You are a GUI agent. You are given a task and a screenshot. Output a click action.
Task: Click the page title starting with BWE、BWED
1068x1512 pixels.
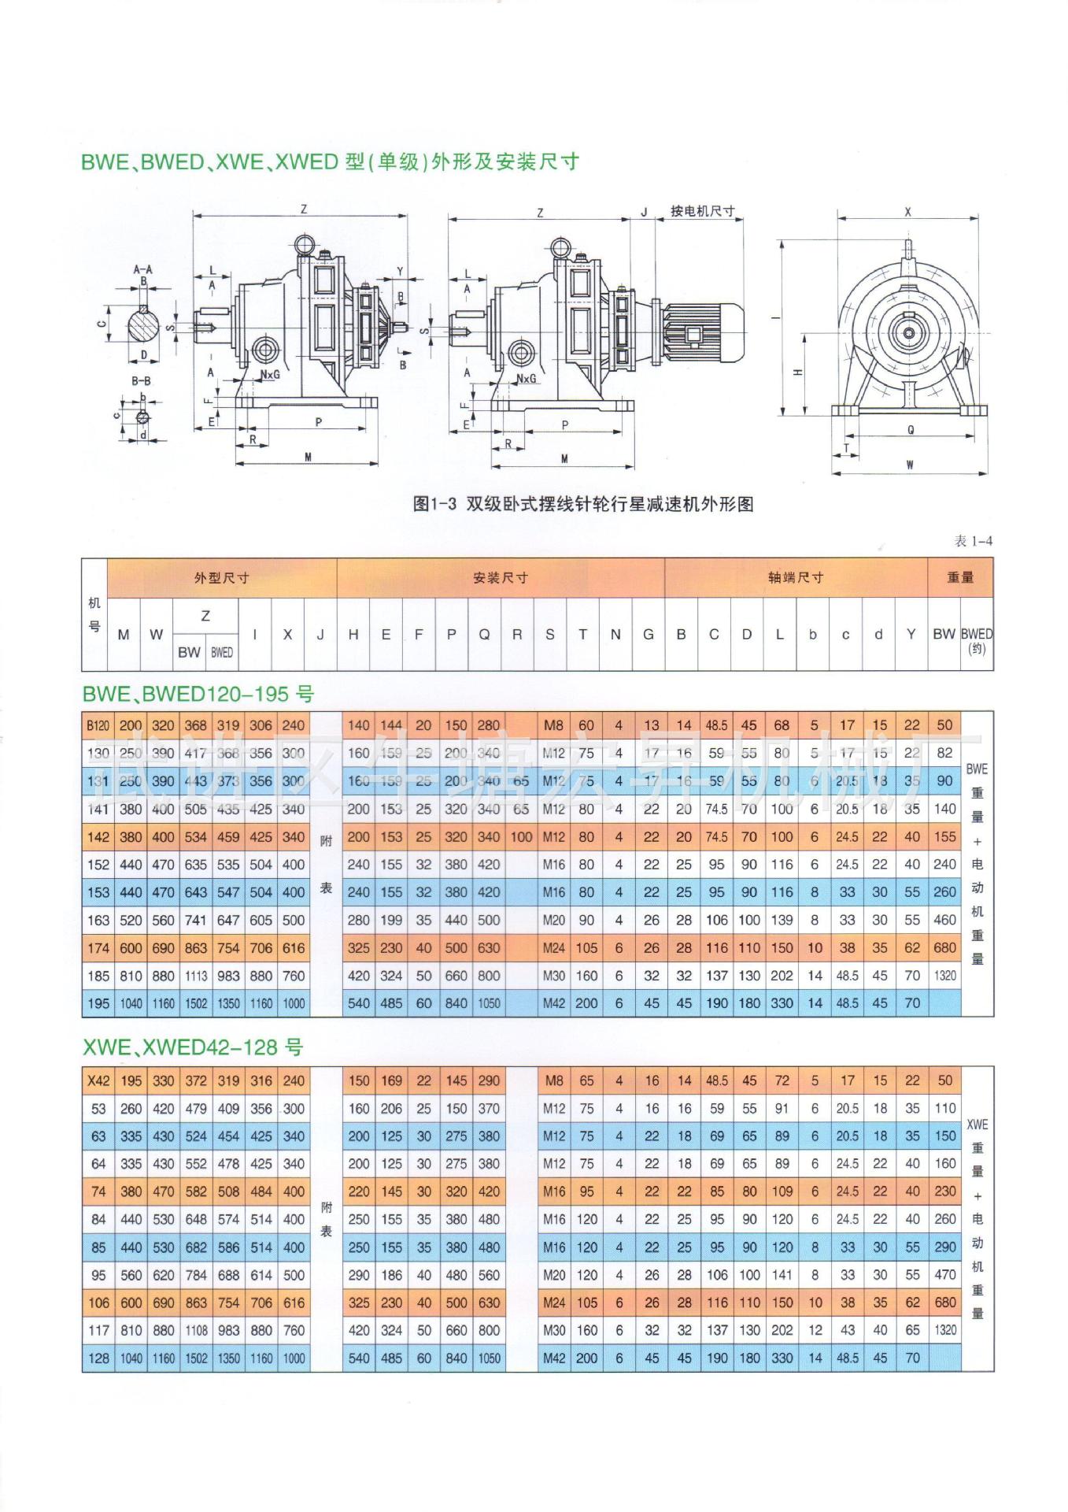(330, 162)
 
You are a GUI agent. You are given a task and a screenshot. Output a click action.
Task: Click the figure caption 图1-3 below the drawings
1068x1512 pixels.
(582, 504)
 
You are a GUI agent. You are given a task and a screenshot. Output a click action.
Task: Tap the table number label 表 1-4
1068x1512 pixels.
(973, 541)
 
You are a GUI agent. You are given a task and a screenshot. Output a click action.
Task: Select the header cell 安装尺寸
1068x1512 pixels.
(500, 578)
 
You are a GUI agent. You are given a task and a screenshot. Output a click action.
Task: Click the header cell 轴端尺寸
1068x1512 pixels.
(795, 578)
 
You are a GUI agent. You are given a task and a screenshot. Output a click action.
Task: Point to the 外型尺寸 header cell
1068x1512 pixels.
(221, 578)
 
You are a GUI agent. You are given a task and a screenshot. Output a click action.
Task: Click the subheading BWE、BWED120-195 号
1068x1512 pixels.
(198, 694)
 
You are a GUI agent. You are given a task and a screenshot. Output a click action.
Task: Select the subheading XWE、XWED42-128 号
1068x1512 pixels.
(192, 1047)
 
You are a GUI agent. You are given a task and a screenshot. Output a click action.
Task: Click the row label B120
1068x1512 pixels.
(98, 725)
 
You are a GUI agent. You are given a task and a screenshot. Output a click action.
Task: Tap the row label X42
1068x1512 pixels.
(98, 1080)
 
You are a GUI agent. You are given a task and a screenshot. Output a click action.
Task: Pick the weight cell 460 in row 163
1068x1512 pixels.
(944, 920)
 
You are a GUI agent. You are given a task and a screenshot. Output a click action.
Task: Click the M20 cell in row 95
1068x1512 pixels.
(553, 1275)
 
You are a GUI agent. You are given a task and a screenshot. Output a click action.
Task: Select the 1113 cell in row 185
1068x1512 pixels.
(195, 976)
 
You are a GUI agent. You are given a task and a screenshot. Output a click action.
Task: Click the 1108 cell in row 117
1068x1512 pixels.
(195, 1330)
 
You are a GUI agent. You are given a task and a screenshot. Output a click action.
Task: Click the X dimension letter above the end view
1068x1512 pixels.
(907, 212)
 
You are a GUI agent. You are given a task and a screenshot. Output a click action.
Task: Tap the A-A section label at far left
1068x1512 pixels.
(142, 269)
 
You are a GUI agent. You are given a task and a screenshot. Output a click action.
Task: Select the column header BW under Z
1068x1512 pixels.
(188, 652)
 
